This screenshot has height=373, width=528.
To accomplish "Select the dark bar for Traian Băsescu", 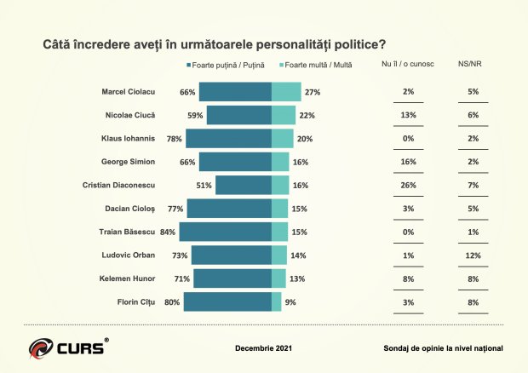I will pyautogui.click(x=225, y=231).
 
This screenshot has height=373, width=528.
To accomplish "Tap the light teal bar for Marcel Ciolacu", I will pyautogui.click(x=286, y=92).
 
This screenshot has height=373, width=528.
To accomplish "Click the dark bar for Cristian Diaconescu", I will pyautogui.click(x=243, y=185).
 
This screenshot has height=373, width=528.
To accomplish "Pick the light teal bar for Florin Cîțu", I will pyautogui.click(x=276, y=301).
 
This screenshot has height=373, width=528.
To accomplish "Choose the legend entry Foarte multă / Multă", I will pyautogui.click(x=318, y=66).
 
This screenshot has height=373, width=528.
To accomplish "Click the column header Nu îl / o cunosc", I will pyautogui.click(x=409, y=66).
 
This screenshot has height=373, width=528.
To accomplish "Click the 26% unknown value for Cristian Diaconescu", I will pyautogui.click(x=409, y=185).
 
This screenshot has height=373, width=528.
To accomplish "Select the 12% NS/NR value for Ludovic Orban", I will pyautogui.click(x=473, y=255).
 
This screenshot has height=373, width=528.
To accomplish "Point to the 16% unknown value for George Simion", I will pyautogui.click(x=409, y=162).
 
